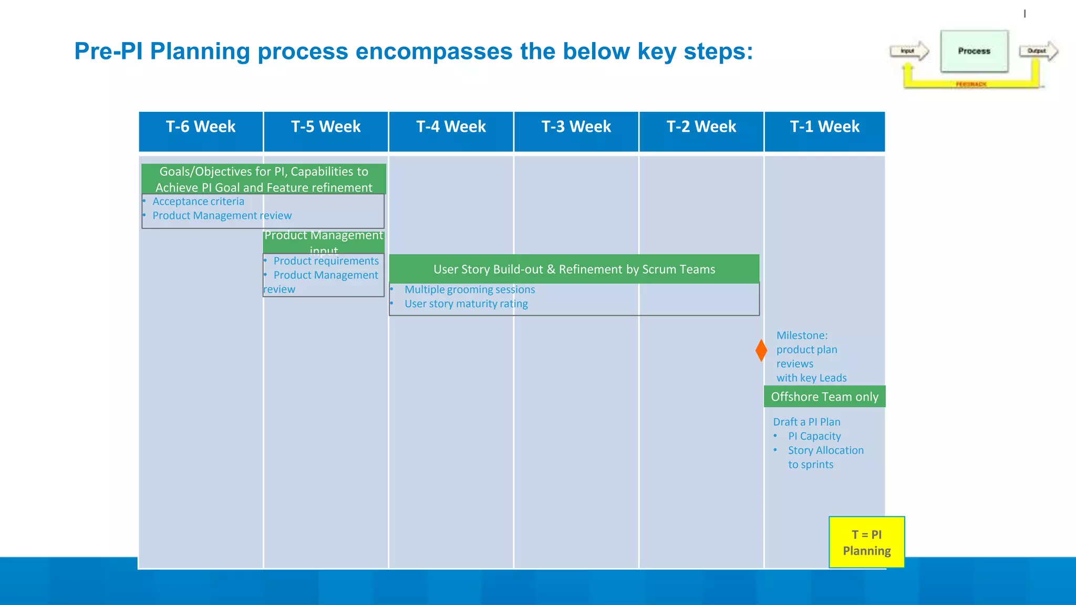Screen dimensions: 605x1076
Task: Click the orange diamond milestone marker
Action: coord(761,350)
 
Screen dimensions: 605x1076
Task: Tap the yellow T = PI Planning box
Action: coord(866,542)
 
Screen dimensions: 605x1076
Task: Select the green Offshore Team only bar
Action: coord(824,397)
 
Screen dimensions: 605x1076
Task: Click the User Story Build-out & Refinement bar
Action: coord(574,269)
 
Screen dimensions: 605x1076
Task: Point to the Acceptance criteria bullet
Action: coord(198,202)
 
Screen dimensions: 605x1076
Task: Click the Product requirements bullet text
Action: coord(326,261)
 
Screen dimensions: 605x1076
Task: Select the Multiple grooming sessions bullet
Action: coord(469,289)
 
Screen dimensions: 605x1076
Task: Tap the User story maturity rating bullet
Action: coord(466,304)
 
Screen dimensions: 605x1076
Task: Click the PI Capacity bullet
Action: coord(814,436)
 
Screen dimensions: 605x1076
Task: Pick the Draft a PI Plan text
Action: coord(806,422)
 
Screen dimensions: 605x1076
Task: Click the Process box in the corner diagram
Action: coord(974,51)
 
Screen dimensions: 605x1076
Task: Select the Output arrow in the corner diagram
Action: coord(1038,51)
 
